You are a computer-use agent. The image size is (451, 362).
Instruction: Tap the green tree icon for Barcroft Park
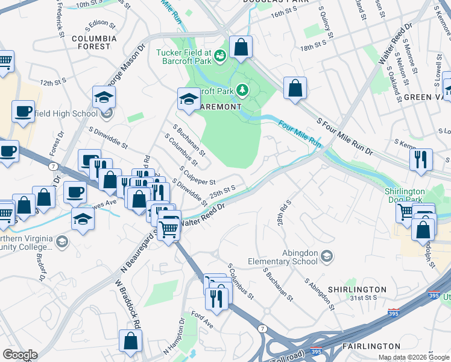click(242, 90)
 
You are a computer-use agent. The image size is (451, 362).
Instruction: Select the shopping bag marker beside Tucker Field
click(241, 48)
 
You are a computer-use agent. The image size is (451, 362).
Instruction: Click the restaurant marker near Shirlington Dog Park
click(420, 160)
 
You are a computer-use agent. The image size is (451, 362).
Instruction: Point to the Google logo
click(20, 354)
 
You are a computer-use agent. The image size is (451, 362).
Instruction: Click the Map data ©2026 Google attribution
click(413, 357)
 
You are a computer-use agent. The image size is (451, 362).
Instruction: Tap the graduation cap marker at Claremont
click(189, 99)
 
